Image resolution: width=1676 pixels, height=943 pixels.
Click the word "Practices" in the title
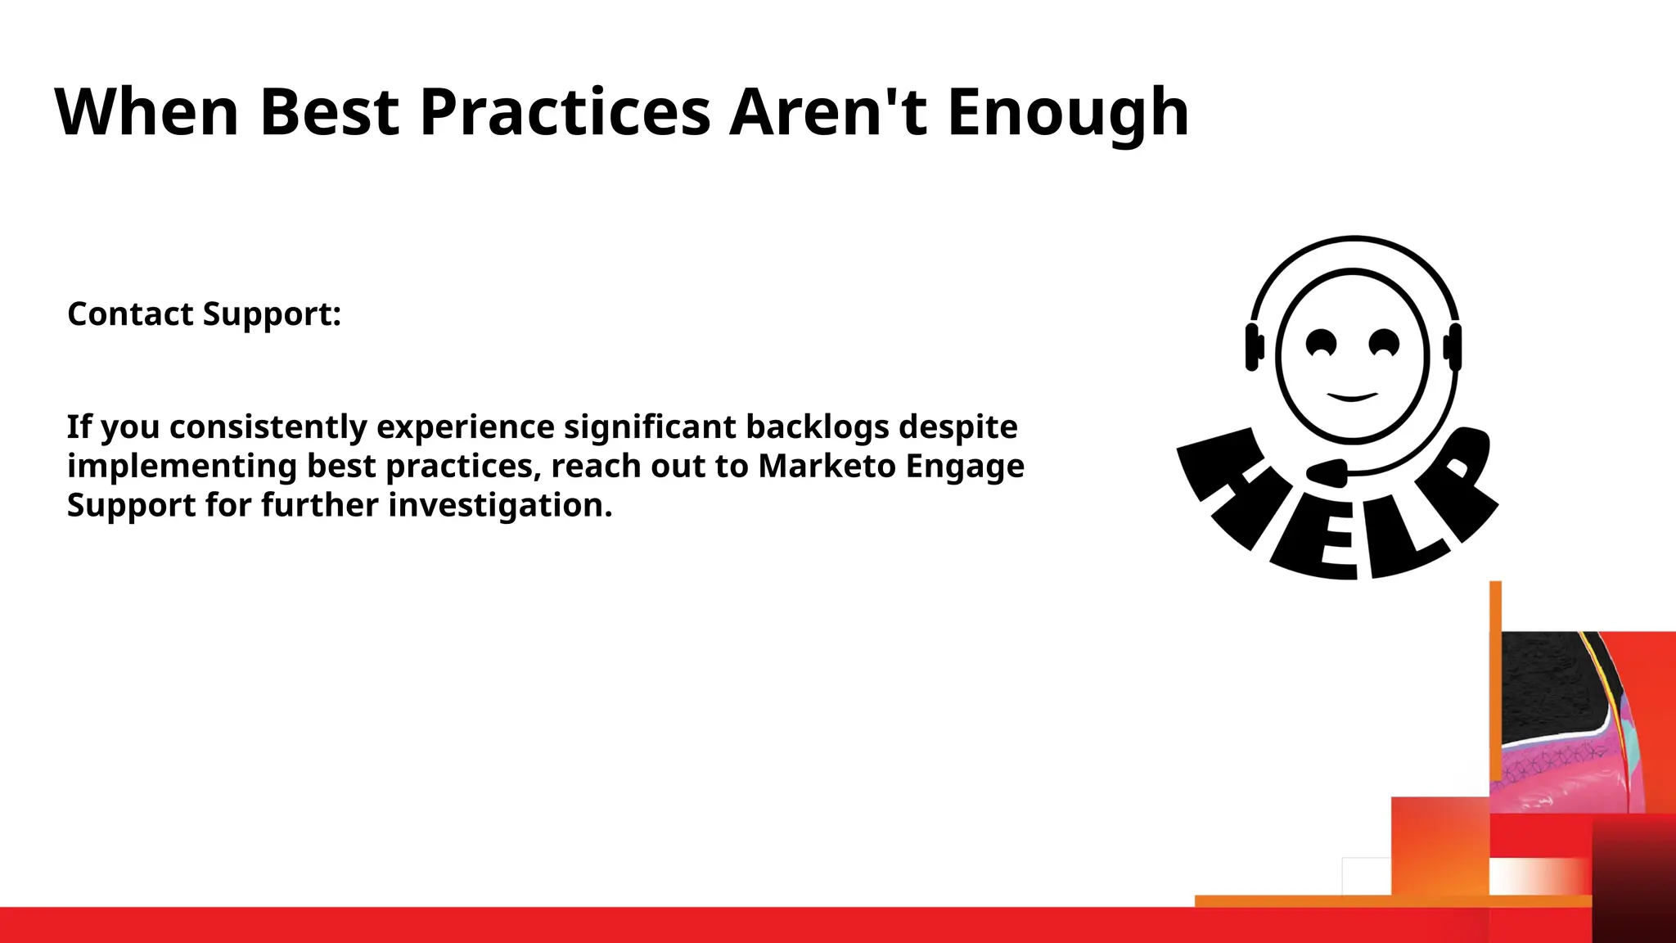coord(565,112)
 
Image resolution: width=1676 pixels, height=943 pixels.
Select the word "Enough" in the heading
coord(1068,112)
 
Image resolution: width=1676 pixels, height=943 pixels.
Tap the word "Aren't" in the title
coord(828,112)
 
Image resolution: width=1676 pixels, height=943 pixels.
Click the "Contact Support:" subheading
coord(204,314)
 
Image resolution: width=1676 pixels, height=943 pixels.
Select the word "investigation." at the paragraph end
coord(500,506)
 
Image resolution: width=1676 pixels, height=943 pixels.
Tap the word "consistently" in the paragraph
coord(268,427)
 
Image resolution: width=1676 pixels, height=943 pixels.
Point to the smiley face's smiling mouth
coord(1352,397)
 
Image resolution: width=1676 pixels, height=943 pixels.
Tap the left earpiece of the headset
coord(1253,347)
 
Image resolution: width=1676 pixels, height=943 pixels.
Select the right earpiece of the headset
coord(1453,347)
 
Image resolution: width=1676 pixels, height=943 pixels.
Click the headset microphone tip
coord(1327,472)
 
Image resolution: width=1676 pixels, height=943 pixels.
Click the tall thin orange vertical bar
coord(1495,679)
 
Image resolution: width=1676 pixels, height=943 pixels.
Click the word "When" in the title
coord(146,112)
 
